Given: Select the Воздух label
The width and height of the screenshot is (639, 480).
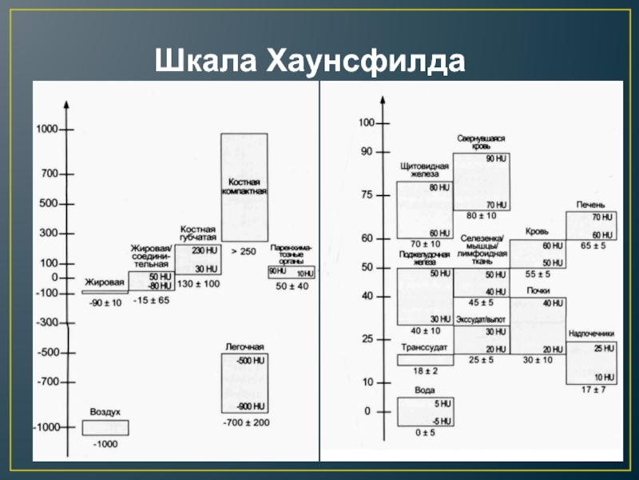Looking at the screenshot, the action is (x=105, y=411).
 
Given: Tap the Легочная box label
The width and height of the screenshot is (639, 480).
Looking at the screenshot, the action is (x=244, y=346).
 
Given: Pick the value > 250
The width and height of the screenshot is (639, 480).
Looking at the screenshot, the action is (x=244, y=251).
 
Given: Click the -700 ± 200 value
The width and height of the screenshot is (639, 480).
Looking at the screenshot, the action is (x=245, y=422).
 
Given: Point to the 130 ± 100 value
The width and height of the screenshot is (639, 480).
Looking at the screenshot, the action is (x=198, y=283).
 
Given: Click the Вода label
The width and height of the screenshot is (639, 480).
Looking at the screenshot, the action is (x=425, y=390).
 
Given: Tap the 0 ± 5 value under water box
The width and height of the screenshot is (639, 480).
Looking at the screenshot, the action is (x=425, y=433).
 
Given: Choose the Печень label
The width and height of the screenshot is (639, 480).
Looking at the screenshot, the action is (x=590, y=205).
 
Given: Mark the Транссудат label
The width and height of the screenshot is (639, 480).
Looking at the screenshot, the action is (x=424, y=347).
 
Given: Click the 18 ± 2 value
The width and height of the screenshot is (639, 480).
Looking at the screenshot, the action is (x=425, y=372).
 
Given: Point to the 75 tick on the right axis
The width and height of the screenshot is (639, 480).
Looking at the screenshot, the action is (x=367, y=194).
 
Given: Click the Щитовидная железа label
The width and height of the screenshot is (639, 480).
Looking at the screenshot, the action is (x=425, y=170).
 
